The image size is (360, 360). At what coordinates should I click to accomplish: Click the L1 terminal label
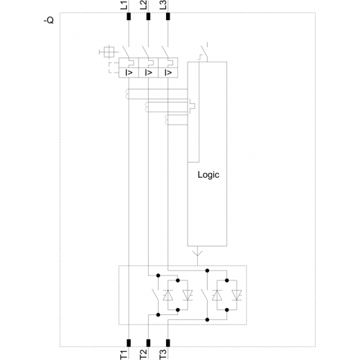pos(124,5)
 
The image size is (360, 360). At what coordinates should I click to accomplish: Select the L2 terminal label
pos(143,5)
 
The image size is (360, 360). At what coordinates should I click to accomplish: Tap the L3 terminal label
pos(163,5)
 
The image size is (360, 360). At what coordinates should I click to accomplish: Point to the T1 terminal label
pos(124,354)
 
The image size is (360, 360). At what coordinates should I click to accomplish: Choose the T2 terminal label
pos(143,354)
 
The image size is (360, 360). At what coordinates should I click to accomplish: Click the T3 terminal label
pos(163,354)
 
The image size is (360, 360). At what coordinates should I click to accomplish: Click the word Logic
pos(208,175)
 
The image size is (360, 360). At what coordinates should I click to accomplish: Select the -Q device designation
pos(48,21)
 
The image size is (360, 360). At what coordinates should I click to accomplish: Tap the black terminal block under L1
pos(129,17)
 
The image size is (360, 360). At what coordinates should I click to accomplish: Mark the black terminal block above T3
pos(168,343)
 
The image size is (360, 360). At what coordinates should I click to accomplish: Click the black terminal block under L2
pos(148,17)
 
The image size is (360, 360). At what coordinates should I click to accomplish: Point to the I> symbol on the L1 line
pos(129,73)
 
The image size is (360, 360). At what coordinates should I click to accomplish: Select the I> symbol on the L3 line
pos(168,73)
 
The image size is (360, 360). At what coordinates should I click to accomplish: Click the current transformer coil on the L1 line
pos(127,94)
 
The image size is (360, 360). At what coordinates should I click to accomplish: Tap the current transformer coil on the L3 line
pos(166,120)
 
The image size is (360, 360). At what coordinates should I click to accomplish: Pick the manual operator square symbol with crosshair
pos(109,52)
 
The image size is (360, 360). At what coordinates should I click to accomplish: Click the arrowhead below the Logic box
pos(197,253)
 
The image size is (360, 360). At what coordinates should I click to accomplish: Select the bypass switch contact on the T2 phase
pos(155,295)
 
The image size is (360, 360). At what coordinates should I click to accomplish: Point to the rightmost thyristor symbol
pos(237,295)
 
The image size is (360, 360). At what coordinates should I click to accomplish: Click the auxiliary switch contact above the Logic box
pos(204,52)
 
